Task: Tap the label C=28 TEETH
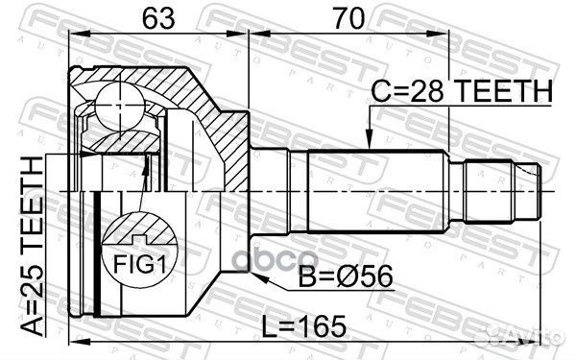point(462,92)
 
